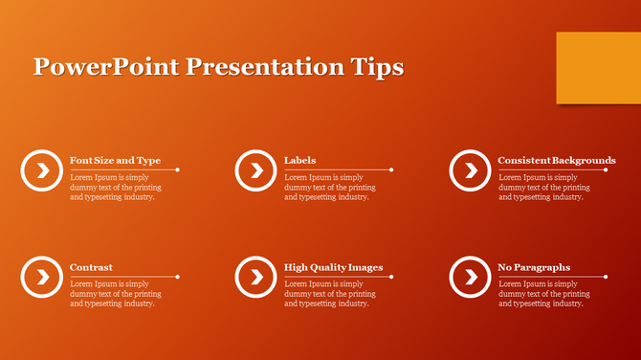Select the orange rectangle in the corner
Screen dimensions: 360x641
click(598, 67)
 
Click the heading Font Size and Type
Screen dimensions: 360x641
click(115, 160)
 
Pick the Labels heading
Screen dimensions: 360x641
click(299, 160)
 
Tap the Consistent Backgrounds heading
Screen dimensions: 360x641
click(556, 160)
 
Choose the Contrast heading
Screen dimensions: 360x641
click(91, 267)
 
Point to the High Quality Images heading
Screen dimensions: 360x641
click(333, 267)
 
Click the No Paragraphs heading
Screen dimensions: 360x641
click(534, 267)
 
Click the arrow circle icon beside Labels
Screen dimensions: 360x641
click(255, 170)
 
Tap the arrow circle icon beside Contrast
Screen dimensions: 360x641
click(41, 277)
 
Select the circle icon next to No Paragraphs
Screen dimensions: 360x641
click(470, 277)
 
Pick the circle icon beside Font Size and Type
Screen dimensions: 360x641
click(41, 170)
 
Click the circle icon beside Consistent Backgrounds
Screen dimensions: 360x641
click(470, 170)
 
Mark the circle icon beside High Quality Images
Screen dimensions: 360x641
click(255, 277)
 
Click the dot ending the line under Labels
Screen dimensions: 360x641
click(392, 169)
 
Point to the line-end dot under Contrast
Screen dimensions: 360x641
click(178, 277)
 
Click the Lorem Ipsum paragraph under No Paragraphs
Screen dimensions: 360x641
click(543, 294)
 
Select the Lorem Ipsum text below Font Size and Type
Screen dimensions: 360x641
click(115, 187)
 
